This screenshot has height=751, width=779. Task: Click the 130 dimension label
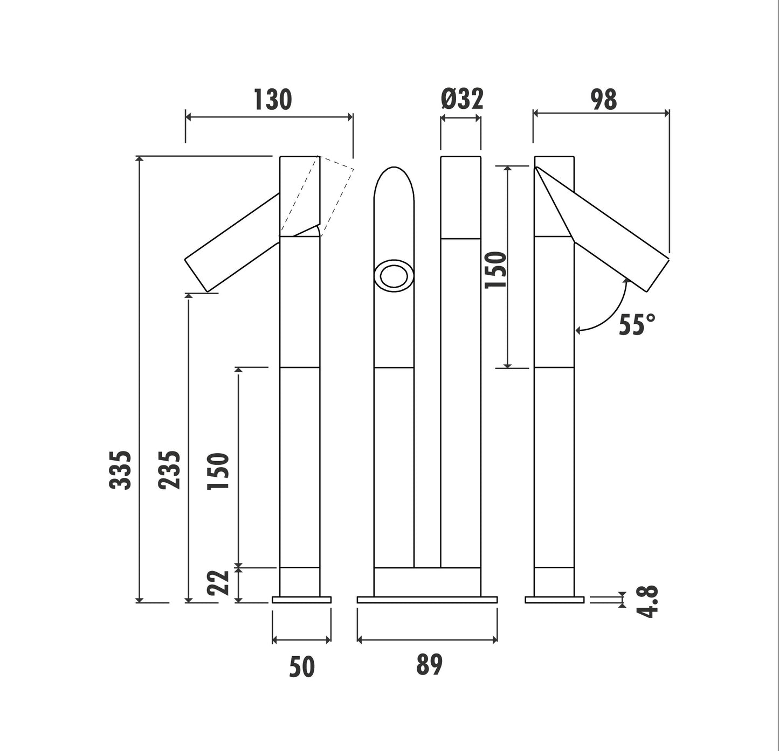pos(273,100)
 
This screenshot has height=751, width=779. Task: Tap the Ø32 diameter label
pos(462,99)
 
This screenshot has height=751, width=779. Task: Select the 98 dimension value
pos(604,100)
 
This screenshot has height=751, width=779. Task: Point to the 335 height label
pos(120,470)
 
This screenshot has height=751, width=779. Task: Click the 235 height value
pos(169,470)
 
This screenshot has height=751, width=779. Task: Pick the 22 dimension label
pos(218,582)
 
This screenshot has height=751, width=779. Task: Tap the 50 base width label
pos(302,667)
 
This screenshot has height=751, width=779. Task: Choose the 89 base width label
pos(429,665)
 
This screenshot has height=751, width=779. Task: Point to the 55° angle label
pos(637,324)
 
